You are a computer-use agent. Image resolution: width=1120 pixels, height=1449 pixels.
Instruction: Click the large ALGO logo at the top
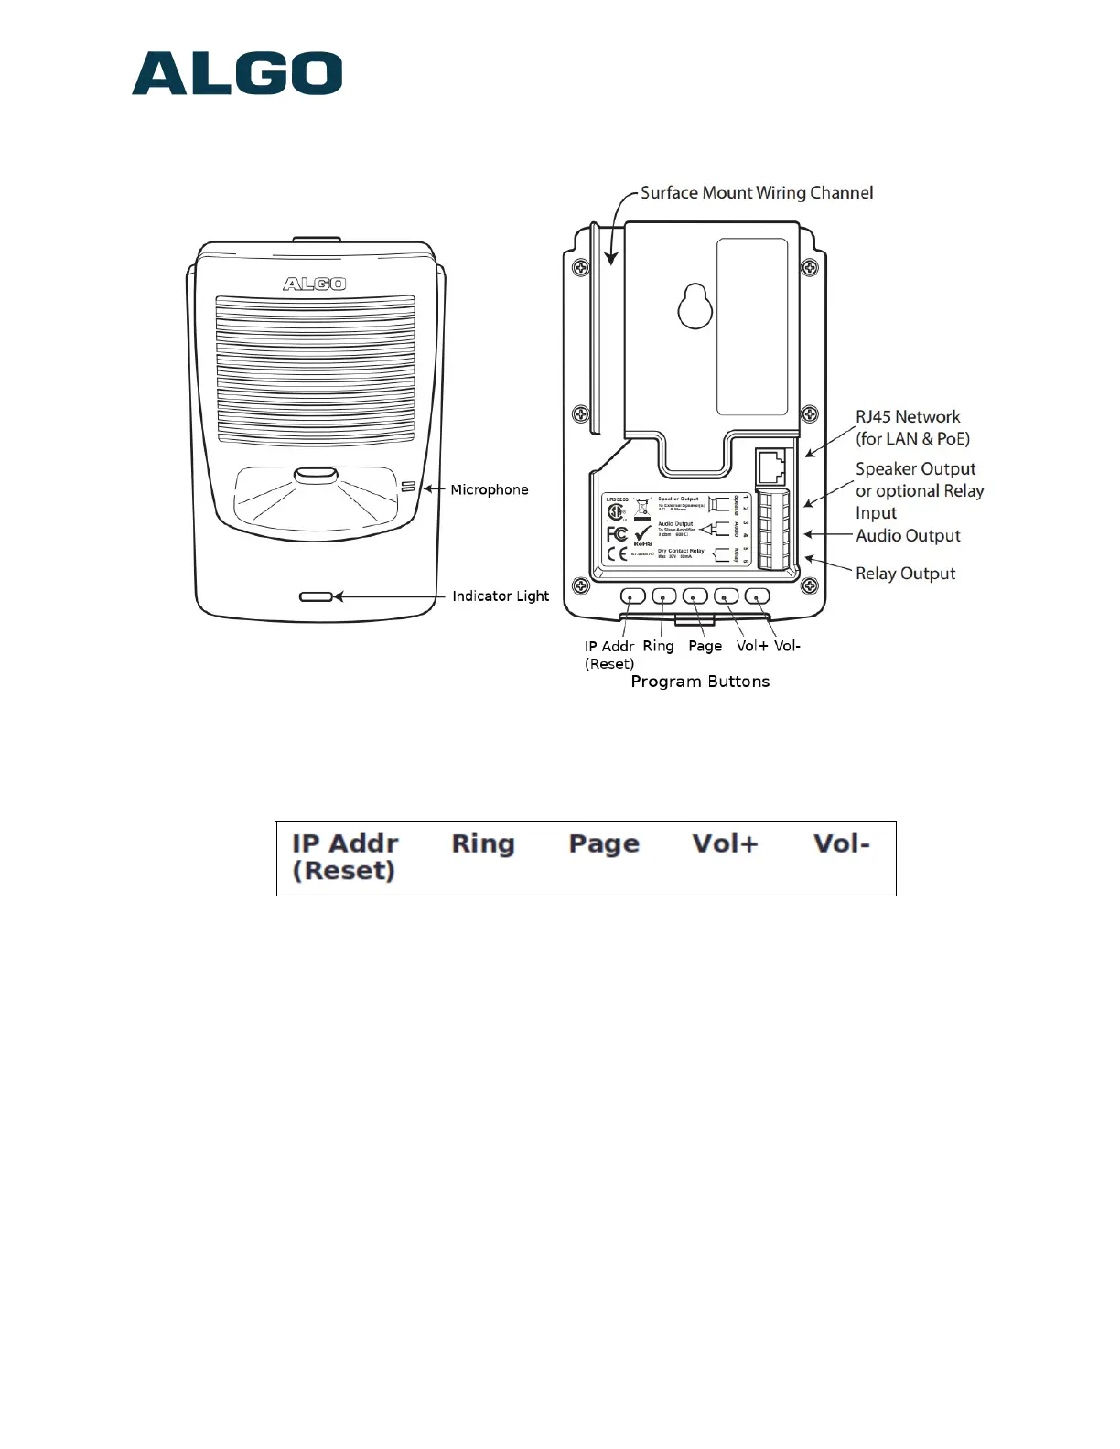237,74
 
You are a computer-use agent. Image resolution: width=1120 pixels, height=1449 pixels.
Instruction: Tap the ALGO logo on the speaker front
314,284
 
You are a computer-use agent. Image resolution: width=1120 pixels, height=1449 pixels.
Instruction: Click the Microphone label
489,490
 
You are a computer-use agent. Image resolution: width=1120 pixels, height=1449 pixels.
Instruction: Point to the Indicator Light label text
501,596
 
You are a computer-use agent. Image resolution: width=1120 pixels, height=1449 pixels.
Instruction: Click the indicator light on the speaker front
316,597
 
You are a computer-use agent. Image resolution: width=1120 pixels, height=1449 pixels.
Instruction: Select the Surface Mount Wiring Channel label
756,193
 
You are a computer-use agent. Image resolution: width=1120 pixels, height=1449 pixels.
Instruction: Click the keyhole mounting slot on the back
695,308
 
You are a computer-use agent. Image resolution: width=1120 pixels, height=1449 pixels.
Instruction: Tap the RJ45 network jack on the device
771,467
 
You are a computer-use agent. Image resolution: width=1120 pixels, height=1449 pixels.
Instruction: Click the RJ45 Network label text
908,417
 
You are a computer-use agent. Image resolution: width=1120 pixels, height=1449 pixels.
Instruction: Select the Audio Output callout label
908,536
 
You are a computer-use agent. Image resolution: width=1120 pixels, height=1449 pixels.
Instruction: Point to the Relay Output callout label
905,574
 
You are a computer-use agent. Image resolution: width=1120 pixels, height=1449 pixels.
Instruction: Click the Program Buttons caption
700,682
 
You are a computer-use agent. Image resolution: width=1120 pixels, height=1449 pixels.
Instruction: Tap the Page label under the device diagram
705,646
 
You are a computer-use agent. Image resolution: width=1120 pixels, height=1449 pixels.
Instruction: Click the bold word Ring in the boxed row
483,843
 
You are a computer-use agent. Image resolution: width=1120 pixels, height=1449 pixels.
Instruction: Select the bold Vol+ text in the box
726,843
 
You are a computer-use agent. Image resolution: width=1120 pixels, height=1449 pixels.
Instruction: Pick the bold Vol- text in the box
842,843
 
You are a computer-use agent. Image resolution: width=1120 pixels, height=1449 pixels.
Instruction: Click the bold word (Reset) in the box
344,871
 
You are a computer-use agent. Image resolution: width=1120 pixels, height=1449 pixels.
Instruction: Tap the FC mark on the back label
618,534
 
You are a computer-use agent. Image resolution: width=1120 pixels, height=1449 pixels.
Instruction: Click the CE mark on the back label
618,554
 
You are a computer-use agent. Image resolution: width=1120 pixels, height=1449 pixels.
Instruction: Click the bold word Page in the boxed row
604,844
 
